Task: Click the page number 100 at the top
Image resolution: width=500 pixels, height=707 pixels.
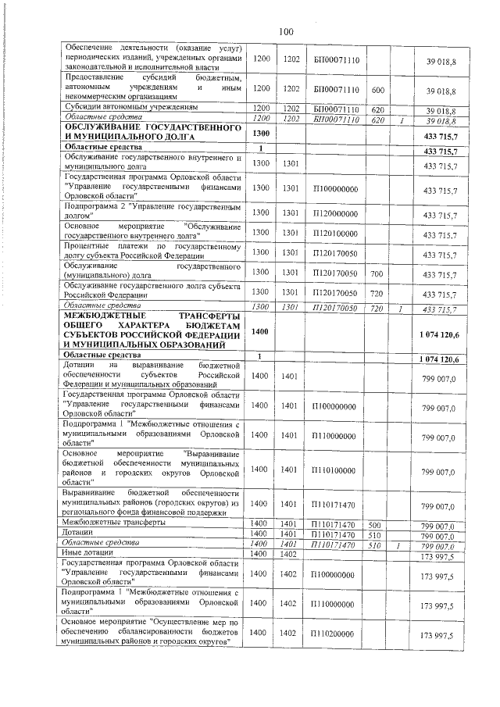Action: coord(284,31)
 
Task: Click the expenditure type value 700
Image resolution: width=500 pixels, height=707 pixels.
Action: coord(377,273)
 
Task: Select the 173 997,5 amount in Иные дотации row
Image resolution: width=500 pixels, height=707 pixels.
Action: coord(437,555)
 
